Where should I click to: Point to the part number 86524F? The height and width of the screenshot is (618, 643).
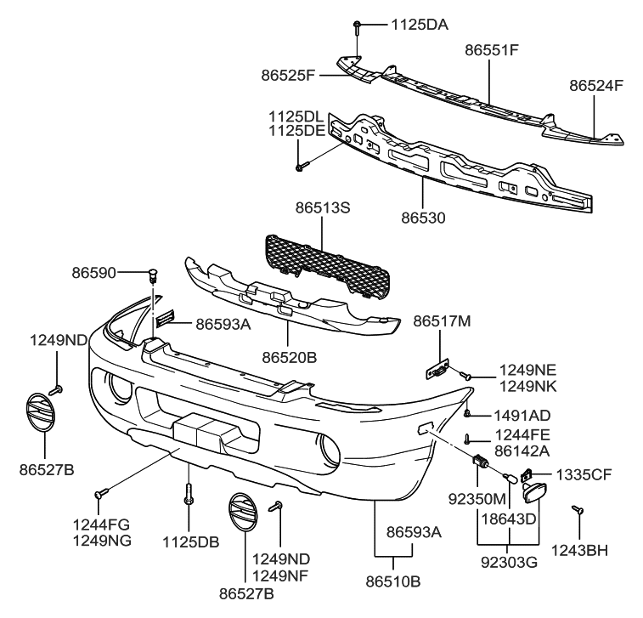[x=596, y=86]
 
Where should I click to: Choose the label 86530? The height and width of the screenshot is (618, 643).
[x=423, y=217]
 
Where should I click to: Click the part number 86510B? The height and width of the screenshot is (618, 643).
[x=392, y=581]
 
